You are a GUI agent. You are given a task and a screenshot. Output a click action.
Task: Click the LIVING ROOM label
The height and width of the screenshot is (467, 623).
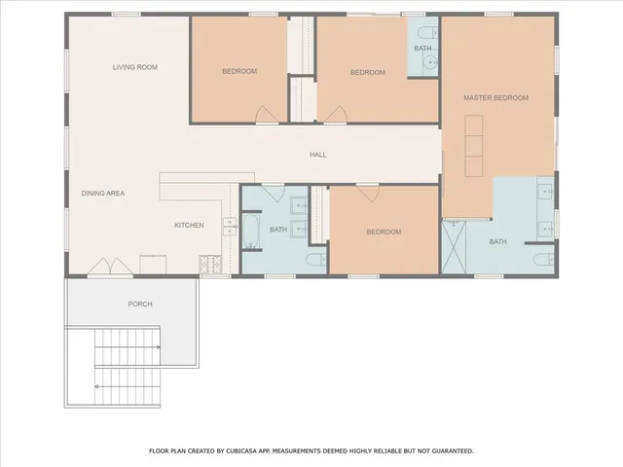pyautogui.click(x=134, y=67)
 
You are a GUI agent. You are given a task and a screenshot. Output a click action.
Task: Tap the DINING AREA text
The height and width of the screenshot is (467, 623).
pyautogui.click(x=102, y=193)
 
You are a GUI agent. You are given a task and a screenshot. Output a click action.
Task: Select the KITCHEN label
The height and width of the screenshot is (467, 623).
pyautogui.click(x=189, y=226)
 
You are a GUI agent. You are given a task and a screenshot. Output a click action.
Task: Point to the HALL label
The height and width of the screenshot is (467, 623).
pyautogui.click(x=317, y=155)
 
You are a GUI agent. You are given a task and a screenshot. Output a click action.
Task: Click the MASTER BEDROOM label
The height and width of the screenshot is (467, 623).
pyautogui.click(x=495, y=97)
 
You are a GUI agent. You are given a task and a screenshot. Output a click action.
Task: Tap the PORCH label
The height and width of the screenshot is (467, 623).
pyautogui.click(x=140, y=304)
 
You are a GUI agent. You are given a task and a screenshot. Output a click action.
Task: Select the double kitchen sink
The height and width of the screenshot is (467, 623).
pyautogui.click(x=231, y=229)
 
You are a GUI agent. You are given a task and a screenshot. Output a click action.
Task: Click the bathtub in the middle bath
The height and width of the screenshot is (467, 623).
pyautogui.click(x=251, y=233)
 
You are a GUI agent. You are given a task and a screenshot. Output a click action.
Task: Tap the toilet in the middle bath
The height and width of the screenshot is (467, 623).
pyautogui.click(x=315, y=260)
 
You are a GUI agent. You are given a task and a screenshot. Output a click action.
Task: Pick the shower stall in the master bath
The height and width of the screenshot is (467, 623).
pyautogui.click(x=456, y=248)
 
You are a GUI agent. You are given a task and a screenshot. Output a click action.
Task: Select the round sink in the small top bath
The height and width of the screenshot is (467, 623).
pyautogui.click(x=430, y=65)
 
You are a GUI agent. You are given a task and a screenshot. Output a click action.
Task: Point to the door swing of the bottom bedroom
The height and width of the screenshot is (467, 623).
pyautogui.click(x=367, y=194)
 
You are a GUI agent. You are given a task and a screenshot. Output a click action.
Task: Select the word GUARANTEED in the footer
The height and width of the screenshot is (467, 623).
pyautogui.click(x=450, y=450)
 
